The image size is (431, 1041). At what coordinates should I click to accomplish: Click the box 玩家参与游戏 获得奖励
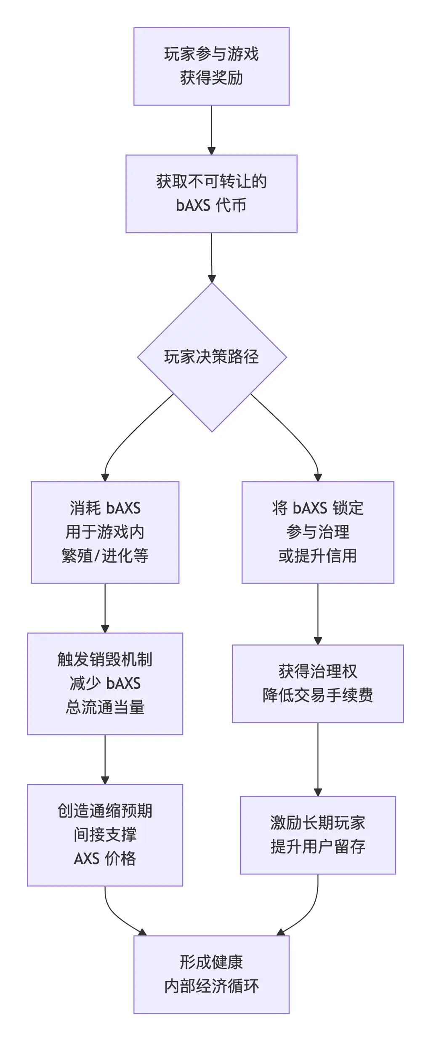click(211, 66)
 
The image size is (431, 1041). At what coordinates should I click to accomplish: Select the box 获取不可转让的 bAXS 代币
click(211, 193)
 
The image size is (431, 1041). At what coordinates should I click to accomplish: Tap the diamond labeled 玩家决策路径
click(212, 357)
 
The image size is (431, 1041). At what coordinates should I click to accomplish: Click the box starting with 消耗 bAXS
click(105, 532)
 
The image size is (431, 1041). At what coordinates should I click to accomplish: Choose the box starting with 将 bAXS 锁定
click(317, 532)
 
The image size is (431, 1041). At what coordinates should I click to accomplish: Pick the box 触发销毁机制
click(105, 683)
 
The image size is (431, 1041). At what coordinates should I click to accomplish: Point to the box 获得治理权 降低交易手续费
click(317, 683)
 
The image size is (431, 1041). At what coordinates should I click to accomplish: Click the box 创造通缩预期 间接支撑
click(105, 834)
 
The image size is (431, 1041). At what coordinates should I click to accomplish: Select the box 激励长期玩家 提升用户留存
click(317, 834)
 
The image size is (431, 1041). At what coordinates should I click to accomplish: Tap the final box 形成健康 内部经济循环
click(211, 974)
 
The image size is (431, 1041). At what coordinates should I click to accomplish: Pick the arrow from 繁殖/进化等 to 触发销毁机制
click(105, 608)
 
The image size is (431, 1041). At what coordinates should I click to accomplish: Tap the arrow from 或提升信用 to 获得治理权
click(318, 614)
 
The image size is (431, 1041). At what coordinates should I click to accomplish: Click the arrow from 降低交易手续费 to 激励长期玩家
click(318, 759)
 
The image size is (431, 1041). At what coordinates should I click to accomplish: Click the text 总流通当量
click(105, 707)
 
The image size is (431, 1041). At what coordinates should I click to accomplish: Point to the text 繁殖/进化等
click(105, 555)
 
